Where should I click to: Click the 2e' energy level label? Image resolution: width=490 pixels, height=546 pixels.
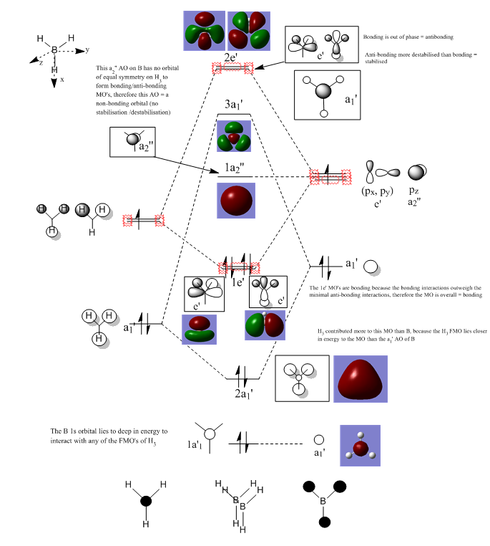(x=231, y=55)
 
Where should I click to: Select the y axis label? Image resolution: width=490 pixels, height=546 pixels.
(x=87, y=50)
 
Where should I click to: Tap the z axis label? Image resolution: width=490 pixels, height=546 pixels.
(x=40, y=62)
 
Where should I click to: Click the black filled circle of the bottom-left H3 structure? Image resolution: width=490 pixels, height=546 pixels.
(x=145, y=502)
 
